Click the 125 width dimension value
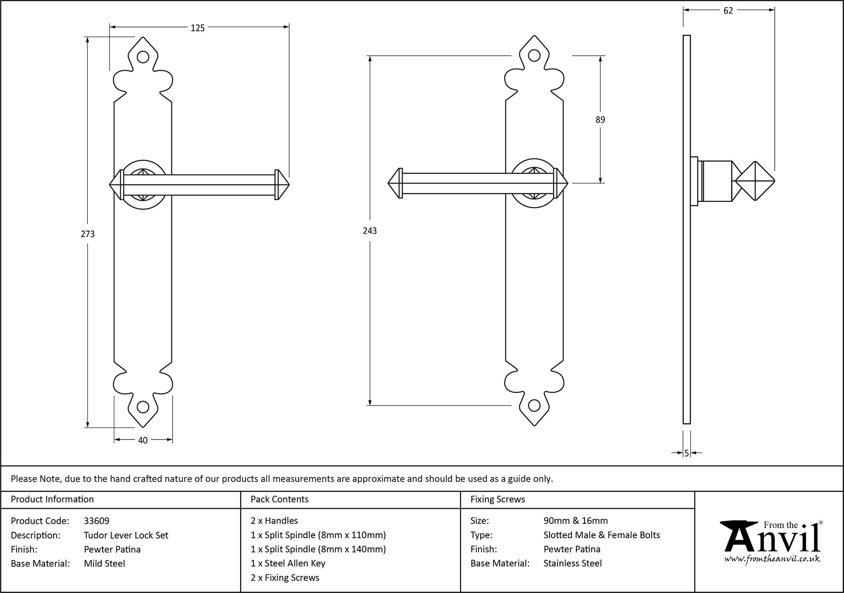tap(197, 28)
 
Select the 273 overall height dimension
tap(88, 234)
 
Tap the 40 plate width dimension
tap(143, 440)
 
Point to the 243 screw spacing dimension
tap(370, 231)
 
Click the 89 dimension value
tap(600, 120)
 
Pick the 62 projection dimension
tap(728, 11)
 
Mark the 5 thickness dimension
tap(687, 453)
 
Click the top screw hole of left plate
tap(143, 57)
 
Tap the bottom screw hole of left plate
tap(143, 407)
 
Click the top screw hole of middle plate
tap(534, 55)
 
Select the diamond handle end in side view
tap(755, 181)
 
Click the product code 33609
tap(97, 521)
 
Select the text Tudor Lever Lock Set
tap(126, 535)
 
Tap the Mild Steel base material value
tap(104, 563)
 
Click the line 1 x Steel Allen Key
tap(288, 563)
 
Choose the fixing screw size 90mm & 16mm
tap(576, 521)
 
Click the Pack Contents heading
tap(279, 499)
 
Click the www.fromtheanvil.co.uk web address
tap(772, 559)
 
